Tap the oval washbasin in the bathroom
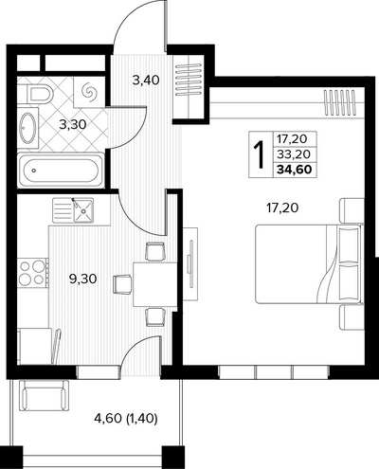pyautogui.click(x=27, y=128)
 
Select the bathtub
pyautogui.click(x=61, y=171)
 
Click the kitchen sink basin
pyautogui.click(x=83, y=210)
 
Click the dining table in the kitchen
pyautogui.click(x=154, y=284)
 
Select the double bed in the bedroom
pyautogui.click(x=308, y=263)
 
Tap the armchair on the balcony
pyautogui.click(x=45, y=395)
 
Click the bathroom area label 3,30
pyautogui.click(x=73, y=125)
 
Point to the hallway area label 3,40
pyautogui.click(x=146, y=81)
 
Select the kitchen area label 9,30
pyautogui.click(x=82, y=279)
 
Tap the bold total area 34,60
pyautogui.click(x=295, y=170)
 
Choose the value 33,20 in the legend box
pyautogui.click(x=294, y=154)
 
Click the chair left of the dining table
pyautogui.click(x=122, y=284)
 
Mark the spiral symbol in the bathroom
pyautogui.click(x=88, y=92)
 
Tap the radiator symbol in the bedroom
pyautogui.click(x=340, y=102)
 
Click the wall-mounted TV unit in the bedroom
pyautogui.click(x=190, y=263)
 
